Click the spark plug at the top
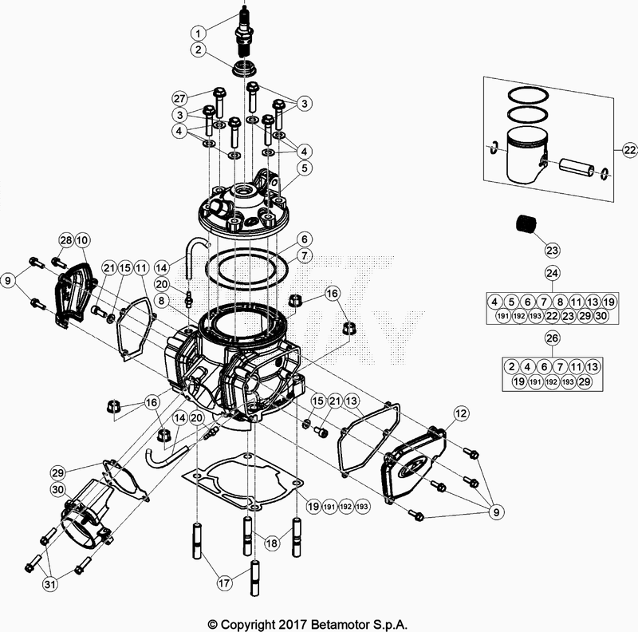click(242, 36)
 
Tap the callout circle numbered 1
click(198, 33)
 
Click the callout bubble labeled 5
click(303, 168)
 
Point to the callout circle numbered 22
click(628, 150)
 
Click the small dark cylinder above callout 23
click(525, 223)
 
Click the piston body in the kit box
click(524, 156)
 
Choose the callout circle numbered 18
click(272, 542)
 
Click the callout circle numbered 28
click(65, 240)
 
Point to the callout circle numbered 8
click(161, 301)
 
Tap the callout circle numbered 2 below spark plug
click(198, 50)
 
